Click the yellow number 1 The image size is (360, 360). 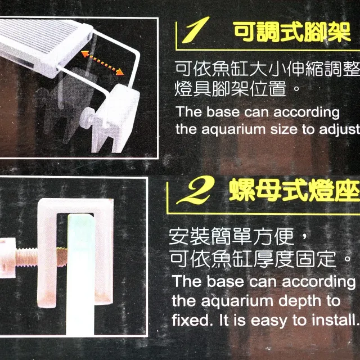195,30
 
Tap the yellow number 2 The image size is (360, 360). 196,191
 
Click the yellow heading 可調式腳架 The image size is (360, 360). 292,32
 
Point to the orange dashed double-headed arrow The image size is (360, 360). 102,63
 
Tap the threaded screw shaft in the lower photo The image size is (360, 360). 41,257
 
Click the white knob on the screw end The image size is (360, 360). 7,258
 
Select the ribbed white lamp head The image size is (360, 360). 44,46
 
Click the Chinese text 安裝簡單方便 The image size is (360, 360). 231,237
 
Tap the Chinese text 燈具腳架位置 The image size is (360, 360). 230,89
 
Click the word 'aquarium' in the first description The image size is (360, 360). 234,130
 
